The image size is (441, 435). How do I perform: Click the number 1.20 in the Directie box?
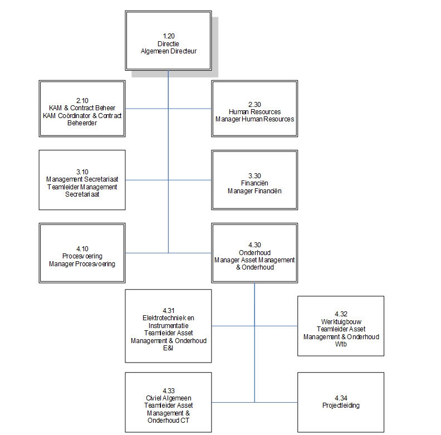click(168, 36)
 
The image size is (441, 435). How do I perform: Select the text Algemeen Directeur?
click(168, 51)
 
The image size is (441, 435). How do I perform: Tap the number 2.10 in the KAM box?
click(82, 100)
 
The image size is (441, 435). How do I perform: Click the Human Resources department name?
click(254, 111)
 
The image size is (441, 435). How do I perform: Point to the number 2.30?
click(254, 104)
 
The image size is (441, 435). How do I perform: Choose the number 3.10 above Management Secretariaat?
click(82, 172)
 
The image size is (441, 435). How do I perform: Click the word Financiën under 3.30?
click(254, 183)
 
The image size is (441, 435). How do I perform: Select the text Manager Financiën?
click(254, 191)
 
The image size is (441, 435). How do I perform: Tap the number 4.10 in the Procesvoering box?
click(82, 249)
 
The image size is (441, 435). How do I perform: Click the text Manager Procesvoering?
click(82, 264)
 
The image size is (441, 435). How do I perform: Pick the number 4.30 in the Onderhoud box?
click(254, 245)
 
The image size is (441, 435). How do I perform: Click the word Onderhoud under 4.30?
click(254, 252)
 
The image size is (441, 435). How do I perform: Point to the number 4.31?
click(168, 311)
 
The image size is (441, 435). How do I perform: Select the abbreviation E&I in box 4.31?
click(168, 348)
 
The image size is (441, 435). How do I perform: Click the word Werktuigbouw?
click(341, 322)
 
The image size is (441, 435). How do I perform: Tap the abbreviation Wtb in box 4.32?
click(341, 344)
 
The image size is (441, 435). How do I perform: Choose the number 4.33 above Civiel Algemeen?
click(168, 391)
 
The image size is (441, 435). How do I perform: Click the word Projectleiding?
click(341, 405)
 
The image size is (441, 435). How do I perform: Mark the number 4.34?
click(341, 398)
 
